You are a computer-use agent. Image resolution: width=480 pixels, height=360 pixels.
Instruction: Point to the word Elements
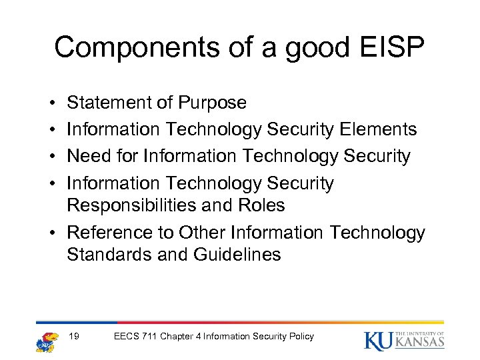click(379, 129)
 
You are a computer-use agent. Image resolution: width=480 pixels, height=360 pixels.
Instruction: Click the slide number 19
click(75, 336)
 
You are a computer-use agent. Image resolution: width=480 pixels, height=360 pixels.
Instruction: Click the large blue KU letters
click(379, 340)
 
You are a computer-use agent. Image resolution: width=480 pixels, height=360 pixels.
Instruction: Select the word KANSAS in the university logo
click(419, 343)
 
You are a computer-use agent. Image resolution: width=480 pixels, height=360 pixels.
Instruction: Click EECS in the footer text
click(127, 336)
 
